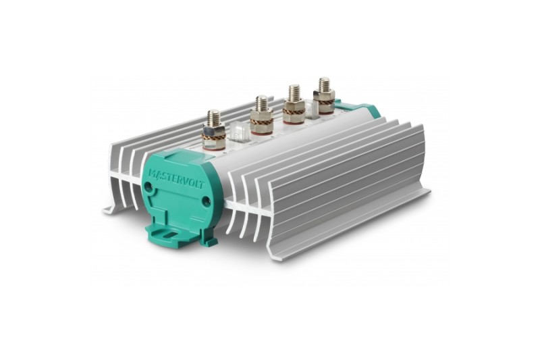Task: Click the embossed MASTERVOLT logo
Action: (176, 178)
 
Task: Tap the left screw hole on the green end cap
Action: (148, 186)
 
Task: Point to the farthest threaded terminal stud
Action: (324, 94)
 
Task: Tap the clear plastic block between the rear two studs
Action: (312, 109)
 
